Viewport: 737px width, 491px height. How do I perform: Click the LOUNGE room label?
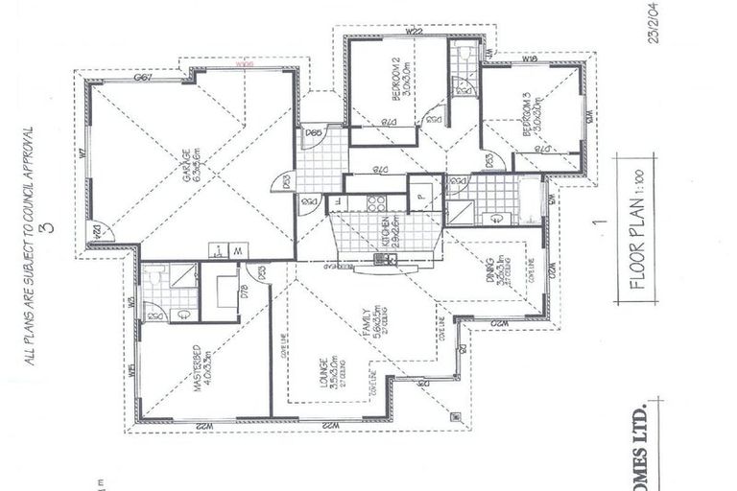(x=325, y=376)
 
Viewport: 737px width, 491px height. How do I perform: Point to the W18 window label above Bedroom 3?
(x=529, y=59)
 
